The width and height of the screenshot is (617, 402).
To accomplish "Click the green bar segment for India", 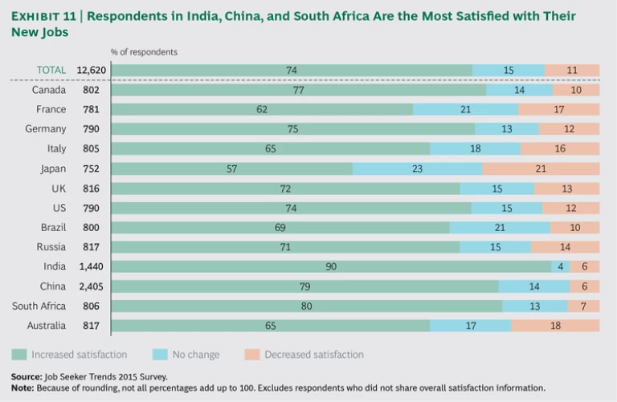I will click(x=330, y=266).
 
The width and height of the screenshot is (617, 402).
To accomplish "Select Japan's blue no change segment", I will click(x=417, y=169).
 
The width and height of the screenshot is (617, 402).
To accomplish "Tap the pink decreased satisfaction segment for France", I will click(x=559, y=109).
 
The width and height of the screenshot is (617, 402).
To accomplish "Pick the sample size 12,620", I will click(x=92, y=71).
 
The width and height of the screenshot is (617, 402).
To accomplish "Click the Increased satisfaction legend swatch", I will click(x=18, y=354).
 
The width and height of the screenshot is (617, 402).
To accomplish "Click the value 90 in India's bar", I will click(x=330, y=266).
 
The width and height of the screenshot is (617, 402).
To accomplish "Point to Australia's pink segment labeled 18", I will click(x=555, y=326).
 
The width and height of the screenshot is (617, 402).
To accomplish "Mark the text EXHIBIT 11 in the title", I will click(x=39, y=17).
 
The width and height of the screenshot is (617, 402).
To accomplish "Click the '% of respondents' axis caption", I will click(x=145, y=51).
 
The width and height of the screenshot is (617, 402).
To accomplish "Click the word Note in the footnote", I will click(x=23, y=388).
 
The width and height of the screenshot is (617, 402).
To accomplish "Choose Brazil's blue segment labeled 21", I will click(x=500, y=228).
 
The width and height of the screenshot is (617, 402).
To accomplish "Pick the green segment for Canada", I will click(x=297, y=90).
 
